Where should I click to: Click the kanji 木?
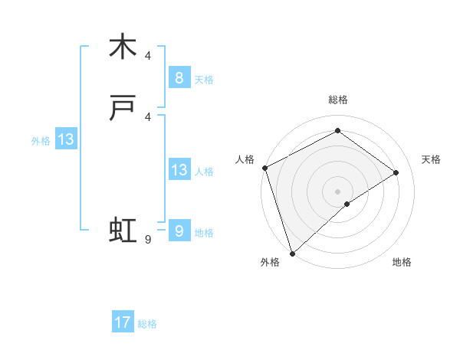coord(123,47)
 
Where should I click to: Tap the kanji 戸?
coord(123,110)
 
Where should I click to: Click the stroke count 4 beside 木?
coord(148,55)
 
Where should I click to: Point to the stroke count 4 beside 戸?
coord(148,116)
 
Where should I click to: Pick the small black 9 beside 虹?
coord(148,240)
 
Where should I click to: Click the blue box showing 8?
coord(179,77)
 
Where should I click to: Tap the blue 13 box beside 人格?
coord(179,169)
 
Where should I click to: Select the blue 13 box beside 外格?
coord(66,139)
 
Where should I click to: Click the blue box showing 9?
coord(179,230)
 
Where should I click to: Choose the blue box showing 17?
coord(123,322)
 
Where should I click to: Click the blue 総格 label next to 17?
coord(147,324)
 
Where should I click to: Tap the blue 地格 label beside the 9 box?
coord(204,233)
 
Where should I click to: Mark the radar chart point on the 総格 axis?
coord(337,131)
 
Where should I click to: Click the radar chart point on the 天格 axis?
coord(396,172)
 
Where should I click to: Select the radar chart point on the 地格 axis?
coord(347,204)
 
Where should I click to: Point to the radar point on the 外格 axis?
coord(291,253)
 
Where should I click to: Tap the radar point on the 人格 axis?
coord(264,168)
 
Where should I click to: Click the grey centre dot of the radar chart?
coord(337,191)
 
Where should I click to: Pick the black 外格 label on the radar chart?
coord(270,263)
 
